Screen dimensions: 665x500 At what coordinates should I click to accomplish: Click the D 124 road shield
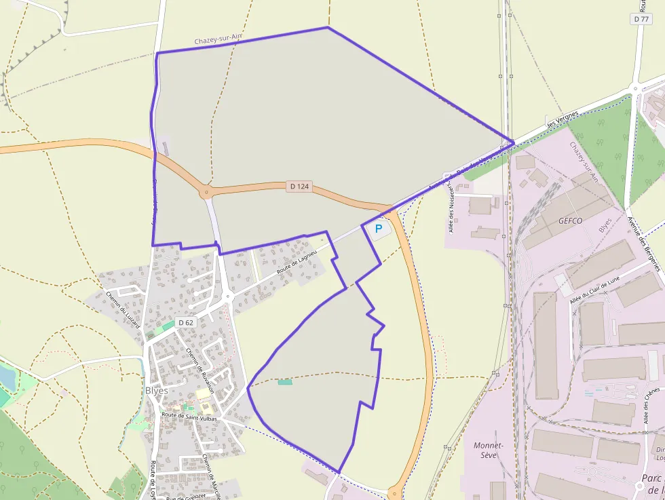click(299, 186)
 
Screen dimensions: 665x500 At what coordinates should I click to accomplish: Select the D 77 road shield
click(641, 20)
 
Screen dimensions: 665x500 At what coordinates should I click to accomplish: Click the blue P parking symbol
click(379, 229)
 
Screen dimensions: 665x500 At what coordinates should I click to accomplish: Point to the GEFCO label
click(570, 221)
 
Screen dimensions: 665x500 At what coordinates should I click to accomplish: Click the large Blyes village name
click(157, 391)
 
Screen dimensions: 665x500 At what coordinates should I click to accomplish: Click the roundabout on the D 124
click(206, 192)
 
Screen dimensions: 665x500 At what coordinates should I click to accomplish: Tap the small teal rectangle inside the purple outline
click(285, 382)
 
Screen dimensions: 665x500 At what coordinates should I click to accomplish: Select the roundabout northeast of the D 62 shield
click(227, 296)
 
